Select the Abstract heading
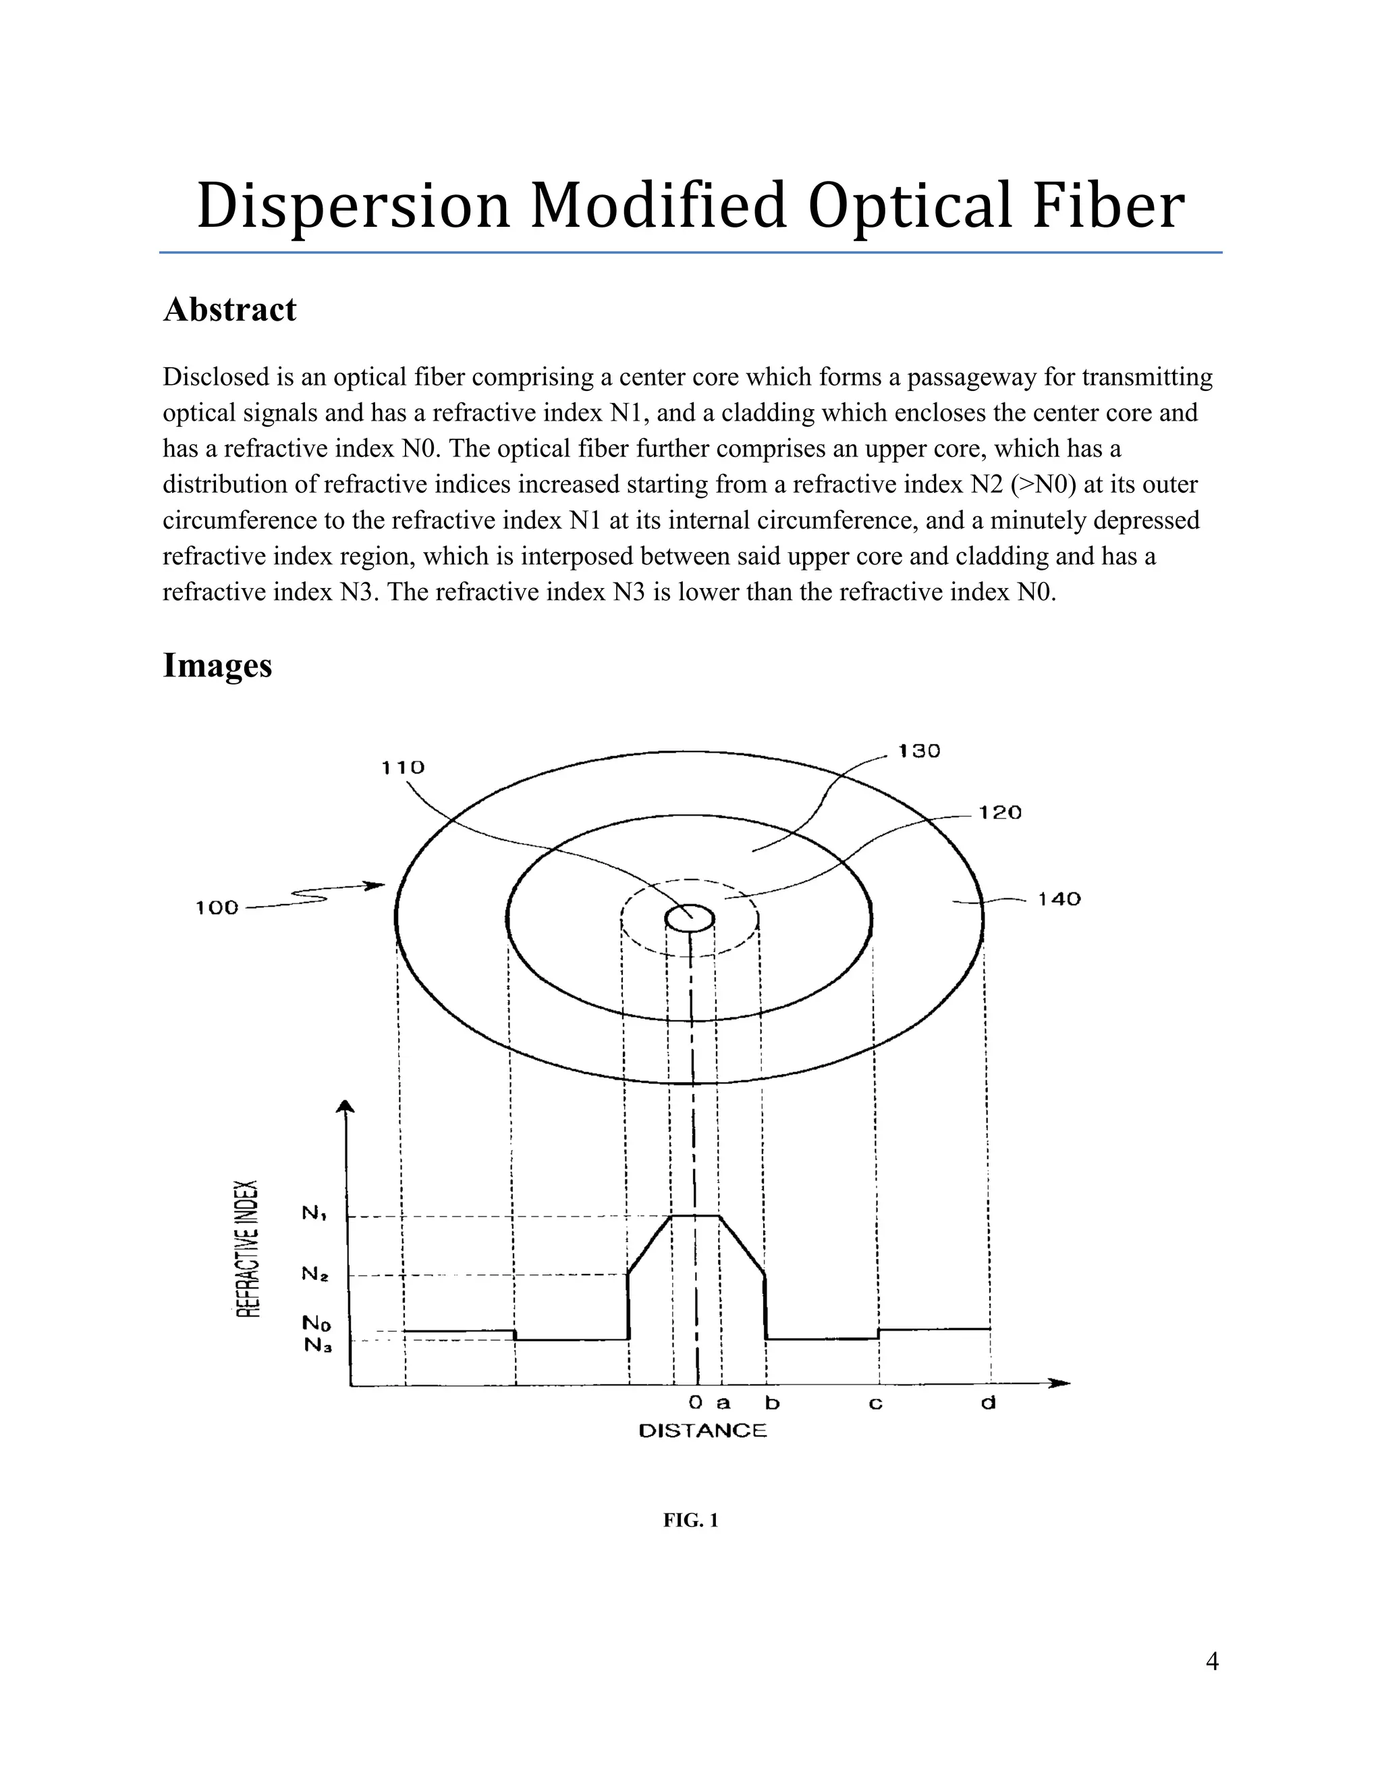click(x=229, y=310)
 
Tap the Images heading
click(x=217, y=664)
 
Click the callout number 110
click(x=403, y=768)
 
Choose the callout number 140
click(x=1059, y=899)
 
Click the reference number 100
click(x=217, y=907)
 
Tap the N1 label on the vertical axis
click(x=315, y=1213)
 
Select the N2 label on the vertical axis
click(x=315, y=1274)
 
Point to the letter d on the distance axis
click(x=988, y=1404)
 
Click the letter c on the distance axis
click(x=875, y=1404)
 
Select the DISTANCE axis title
click(x=702, y=1431)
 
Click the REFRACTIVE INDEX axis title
click(x=248, y=1248)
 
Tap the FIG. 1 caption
click(x=690, y=1520)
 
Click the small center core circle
click(x=690, y=917)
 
